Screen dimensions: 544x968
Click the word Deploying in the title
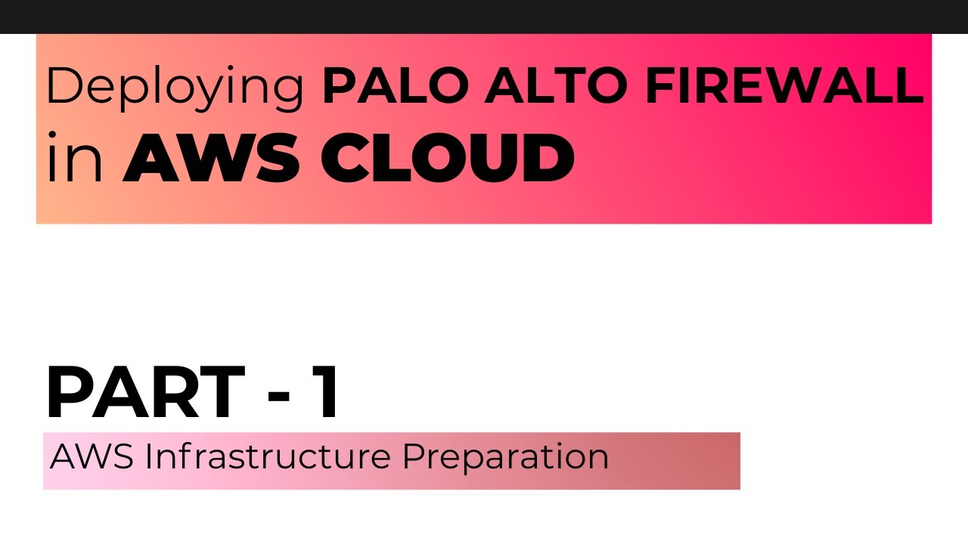pos(175,88)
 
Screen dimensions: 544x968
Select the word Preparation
pos(505,458)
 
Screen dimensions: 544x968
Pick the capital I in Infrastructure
pos(148,456)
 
